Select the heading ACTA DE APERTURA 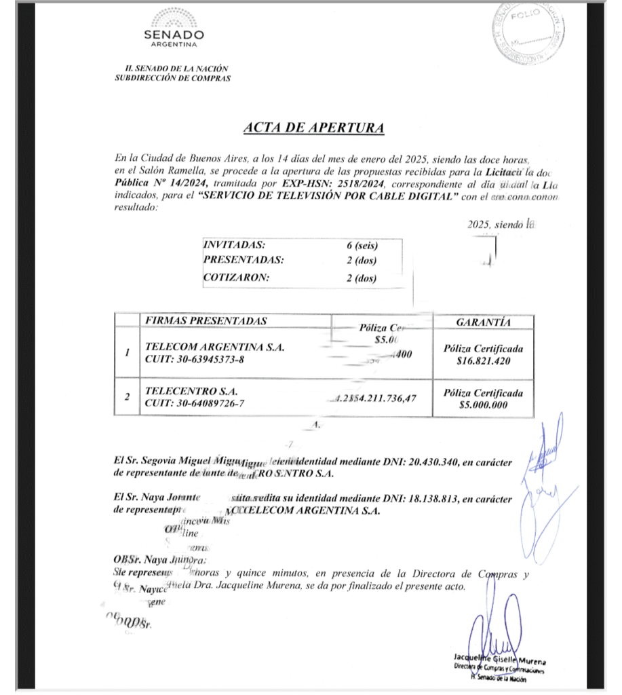point(313,128)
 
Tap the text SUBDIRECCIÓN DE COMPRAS point(173,78)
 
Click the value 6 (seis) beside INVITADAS point(362,246)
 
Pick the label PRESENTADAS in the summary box point(244,261)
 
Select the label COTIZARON point(236,277)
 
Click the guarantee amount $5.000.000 point(484,405)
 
